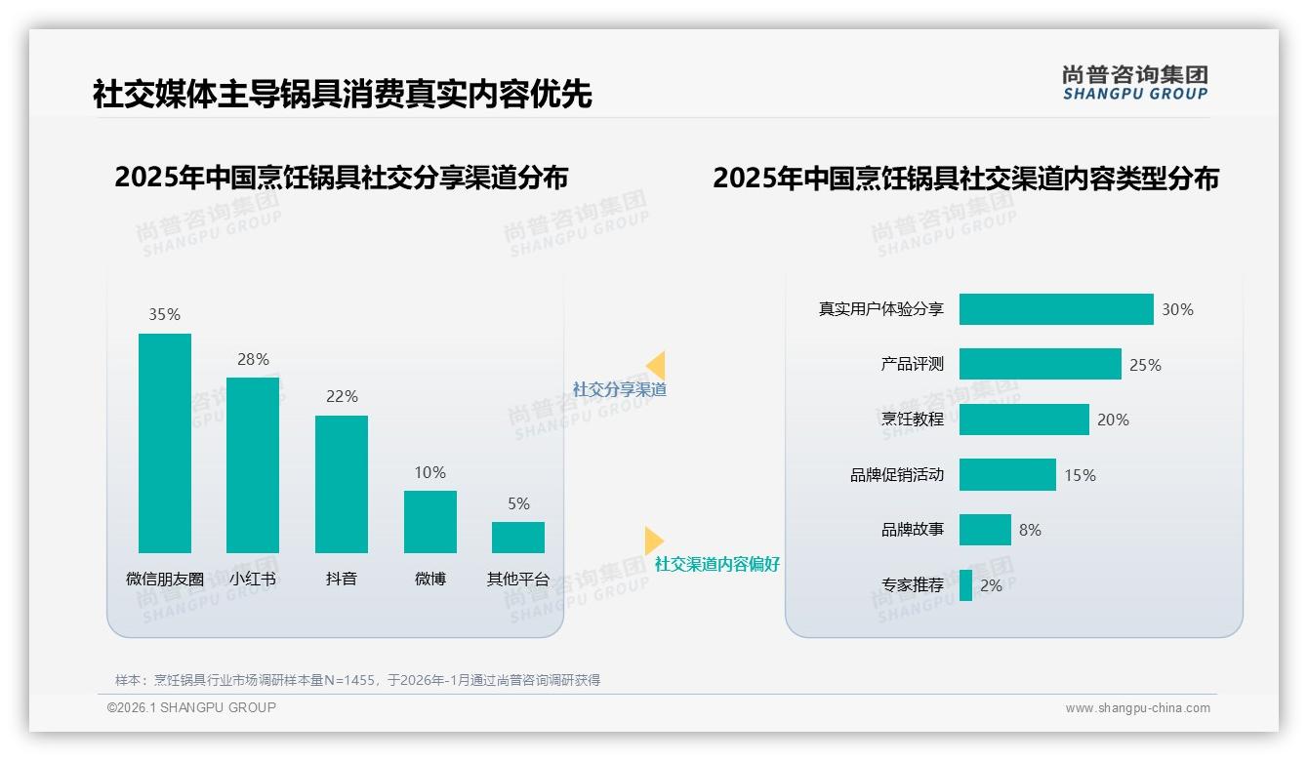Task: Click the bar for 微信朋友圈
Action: tap(165, 443)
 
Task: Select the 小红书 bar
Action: tap(253, 465)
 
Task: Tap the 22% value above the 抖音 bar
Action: tap(342, 396)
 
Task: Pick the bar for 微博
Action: tap(430, 521)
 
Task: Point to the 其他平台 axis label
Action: tap(518, 579)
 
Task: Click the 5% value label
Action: tap(518, 503)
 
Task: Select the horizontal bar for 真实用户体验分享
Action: tap(1056, 309)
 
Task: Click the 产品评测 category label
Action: tap(913, 364)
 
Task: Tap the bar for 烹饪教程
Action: tap(1024, 420)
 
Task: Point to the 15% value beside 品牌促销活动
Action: tap(1080, 475)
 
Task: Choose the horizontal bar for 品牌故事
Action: tap(985, 530)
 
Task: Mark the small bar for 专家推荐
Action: tap(965, 585)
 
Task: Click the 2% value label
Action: tap(991, 585)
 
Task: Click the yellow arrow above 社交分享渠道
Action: tap(656, 365)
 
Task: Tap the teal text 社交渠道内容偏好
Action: tap(717, 564)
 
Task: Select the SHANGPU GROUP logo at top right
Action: tap(1135, 83)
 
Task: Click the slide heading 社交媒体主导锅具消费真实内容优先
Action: tap(342, 94)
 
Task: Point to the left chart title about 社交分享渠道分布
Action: tap(341, 178)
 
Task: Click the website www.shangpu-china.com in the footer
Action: tap(1137, 708)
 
